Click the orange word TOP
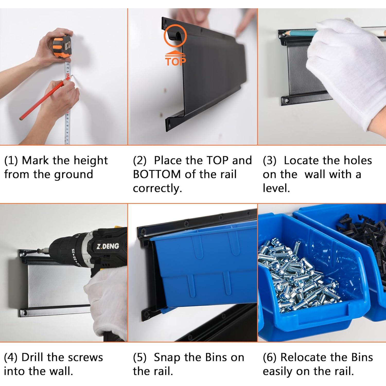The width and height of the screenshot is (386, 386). pos(176,62)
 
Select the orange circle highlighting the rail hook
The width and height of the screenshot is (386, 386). pos(175,36)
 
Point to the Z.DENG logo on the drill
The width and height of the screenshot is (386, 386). pos(108,246)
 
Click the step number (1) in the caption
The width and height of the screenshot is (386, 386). pos(11,161)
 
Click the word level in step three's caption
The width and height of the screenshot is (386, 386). pos(276,188)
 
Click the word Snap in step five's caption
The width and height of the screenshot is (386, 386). pos(167,358)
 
